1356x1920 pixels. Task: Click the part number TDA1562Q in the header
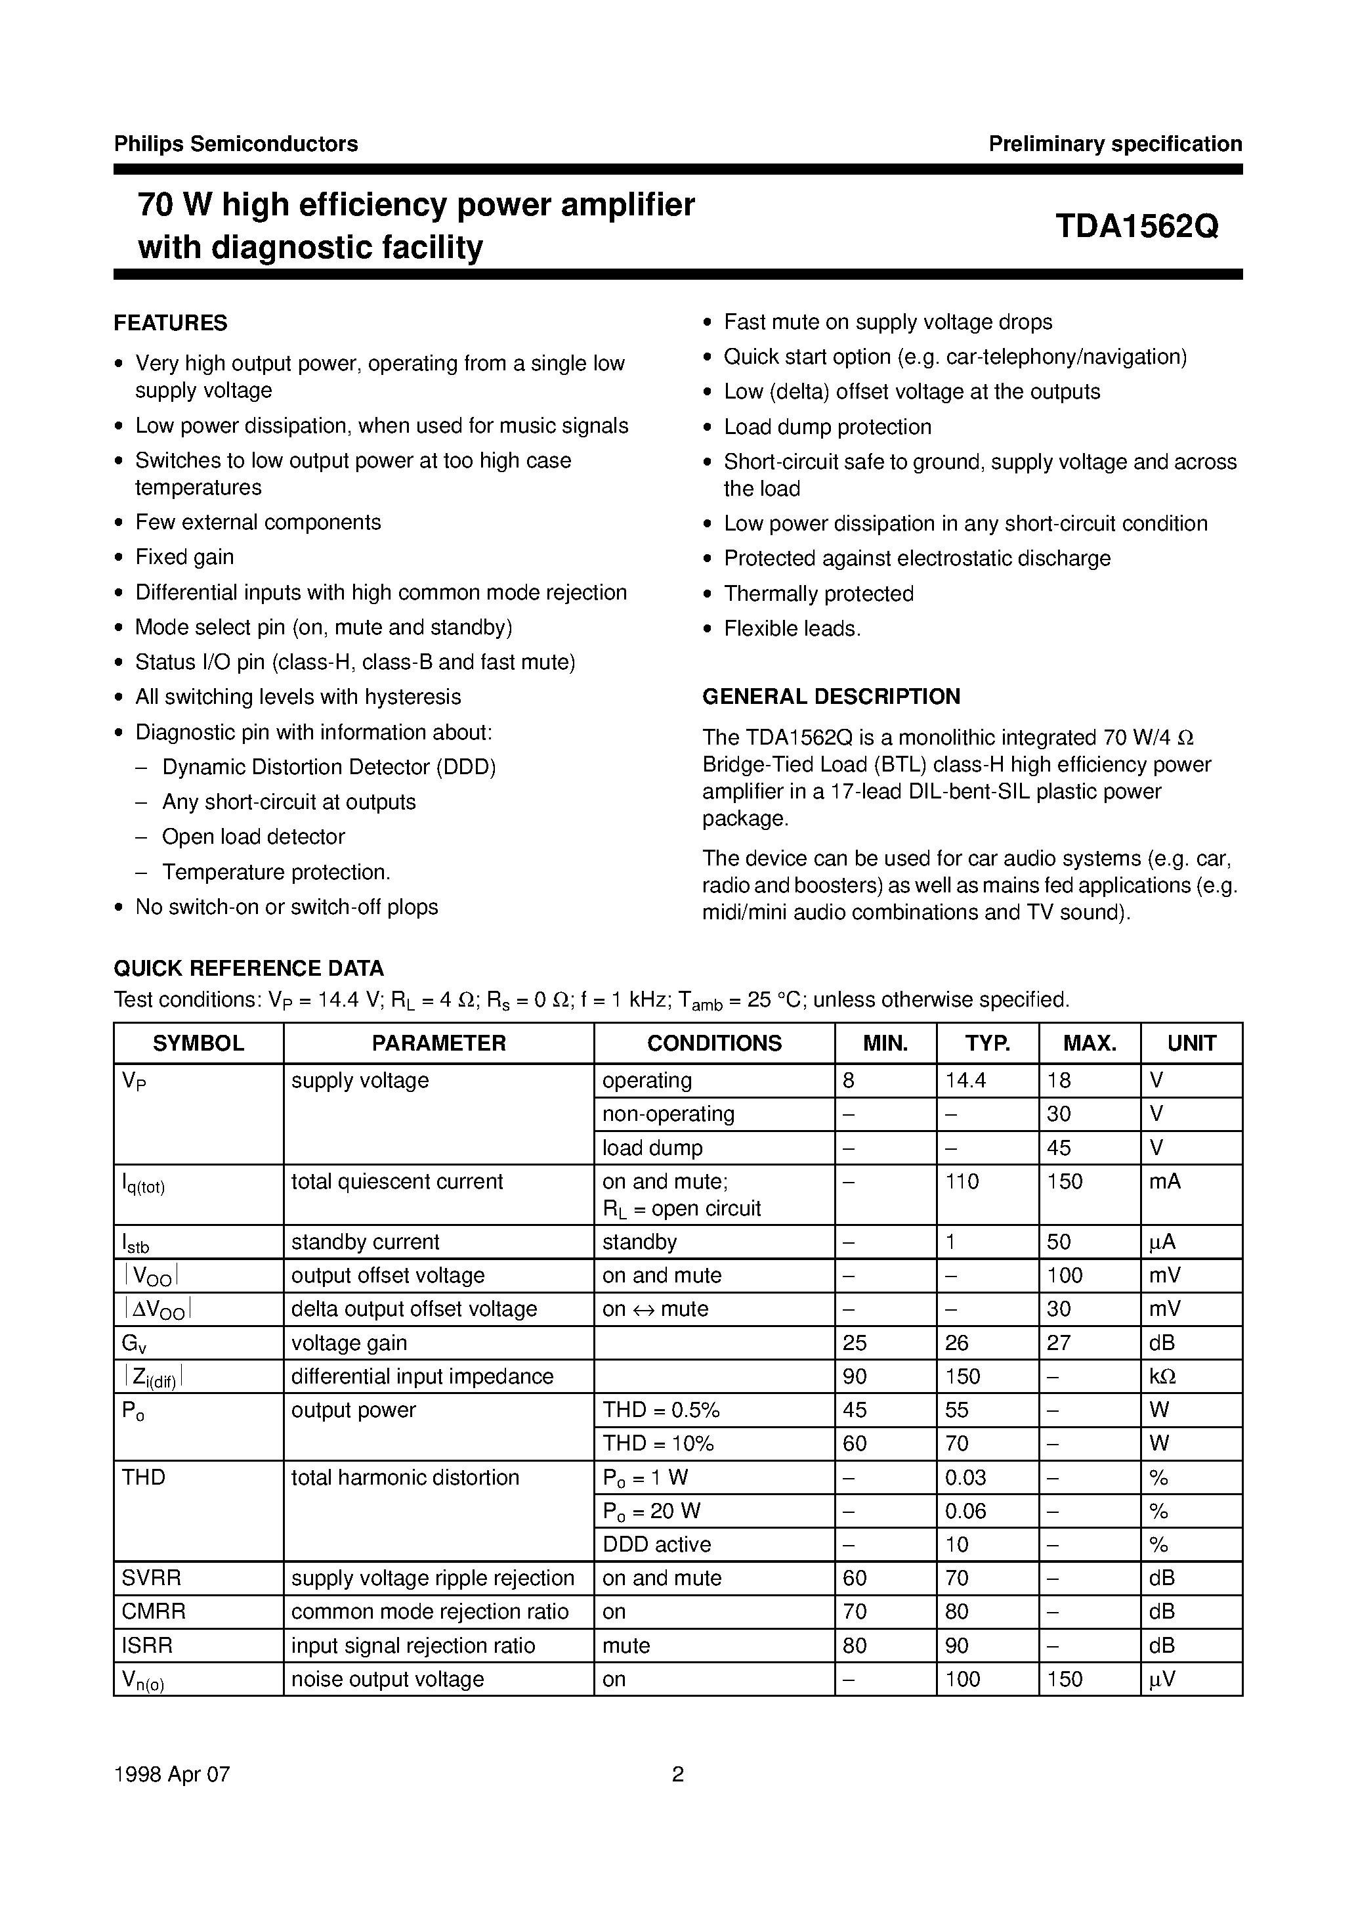1136,226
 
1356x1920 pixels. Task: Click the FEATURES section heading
171,323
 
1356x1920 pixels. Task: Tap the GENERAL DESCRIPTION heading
831,697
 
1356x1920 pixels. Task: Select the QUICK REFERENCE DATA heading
248,969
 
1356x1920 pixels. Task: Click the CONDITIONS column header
714,1043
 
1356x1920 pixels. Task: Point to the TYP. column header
987,1043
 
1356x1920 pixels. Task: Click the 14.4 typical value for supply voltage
965,1080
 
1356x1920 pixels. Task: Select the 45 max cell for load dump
1059,1148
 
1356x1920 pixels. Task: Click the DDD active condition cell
656,1544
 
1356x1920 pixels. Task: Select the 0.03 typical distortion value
965,1477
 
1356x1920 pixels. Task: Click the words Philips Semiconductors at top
236,144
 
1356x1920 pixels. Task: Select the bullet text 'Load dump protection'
827,427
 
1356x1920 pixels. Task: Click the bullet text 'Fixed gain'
184,557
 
